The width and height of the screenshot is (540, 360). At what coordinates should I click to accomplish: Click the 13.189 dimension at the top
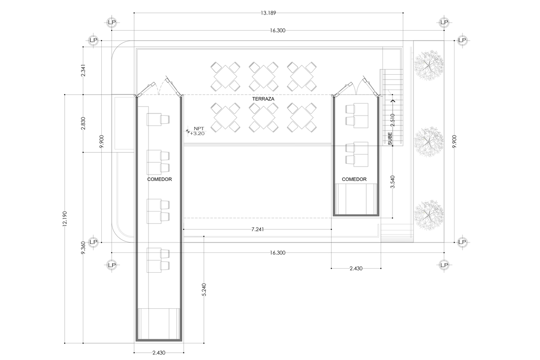[268, 13]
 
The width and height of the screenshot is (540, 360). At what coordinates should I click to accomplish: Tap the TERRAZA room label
[263, 99]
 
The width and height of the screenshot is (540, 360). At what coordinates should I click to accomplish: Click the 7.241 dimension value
[257, 229]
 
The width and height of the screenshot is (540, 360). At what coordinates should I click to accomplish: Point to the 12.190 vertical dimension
[65, 219]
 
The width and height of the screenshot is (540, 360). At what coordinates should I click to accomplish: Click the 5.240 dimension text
[204, 290]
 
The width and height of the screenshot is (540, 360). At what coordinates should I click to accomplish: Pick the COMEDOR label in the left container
[160, 180]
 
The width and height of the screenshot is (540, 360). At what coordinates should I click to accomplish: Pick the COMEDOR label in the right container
[354, 179]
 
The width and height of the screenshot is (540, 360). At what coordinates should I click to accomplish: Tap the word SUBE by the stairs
[390, 139]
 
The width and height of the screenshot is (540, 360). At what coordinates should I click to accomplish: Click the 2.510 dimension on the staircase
[392, 120]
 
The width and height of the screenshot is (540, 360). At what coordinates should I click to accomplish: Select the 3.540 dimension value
[392, 182]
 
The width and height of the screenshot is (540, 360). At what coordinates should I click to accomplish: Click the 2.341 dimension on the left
[83, 70]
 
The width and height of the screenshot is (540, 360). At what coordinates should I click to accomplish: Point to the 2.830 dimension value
[83, 123]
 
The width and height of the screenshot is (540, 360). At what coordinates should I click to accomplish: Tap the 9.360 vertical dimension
[83, 247]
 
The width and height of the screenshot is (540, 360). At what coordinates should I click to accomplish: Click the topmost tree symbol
[428, 65]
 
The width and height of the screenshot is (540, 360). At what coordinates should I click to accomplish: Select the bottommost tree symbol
[428, 214]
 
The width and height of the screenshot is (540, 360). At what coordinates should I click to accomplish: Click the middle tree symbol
[428, 142]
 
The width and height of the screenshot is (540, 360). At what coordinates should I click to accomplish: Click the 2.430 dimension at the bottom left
[159, 353]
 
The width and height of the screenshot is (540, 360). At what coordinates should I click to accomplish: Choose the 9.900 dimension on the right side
[454, 141]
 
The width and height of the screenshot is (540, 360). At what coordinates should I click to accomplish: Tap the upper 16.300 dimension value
[278, 31]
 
